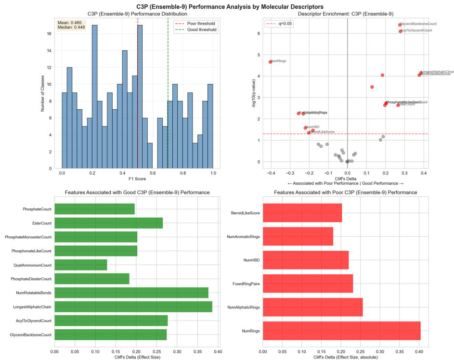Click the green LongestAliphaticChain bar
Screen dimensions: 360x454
[x=133, y=306]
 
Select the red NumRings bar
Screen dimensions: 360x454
[x=342, y=332]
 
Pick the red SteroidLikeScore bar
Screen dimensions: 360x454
[x=302, y=213]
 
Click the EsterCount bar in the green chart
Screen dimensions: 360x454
[x=109, y=223]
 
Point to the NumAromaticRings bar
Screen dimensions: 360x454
[x=298, y=237]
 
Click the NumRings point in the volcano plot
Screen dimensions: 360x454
[x=271, y=62]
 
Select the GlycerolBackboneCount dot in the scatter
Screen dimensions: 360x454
[x=400, y=25]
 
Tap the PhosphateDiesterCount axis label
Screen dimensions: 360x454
[x=27, y=279]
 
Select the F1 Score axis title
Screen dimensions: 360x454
[x=137, y=179]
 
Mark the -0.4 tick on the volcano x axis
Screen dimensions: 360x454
[x=271, y=172]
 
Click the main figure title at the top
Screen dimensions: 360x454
[x=227, y=6]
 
